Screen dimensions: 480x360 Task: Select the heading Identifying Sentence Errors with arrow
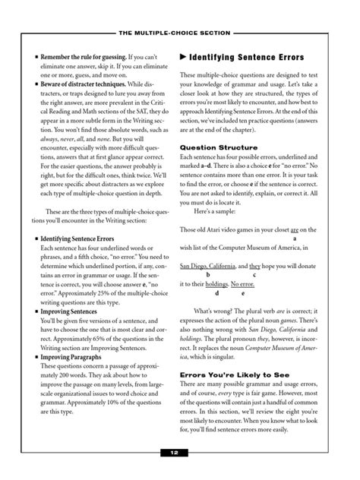pos(246,58)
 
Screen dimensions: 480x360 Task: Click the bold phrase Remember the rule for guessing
pos(83,57)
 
